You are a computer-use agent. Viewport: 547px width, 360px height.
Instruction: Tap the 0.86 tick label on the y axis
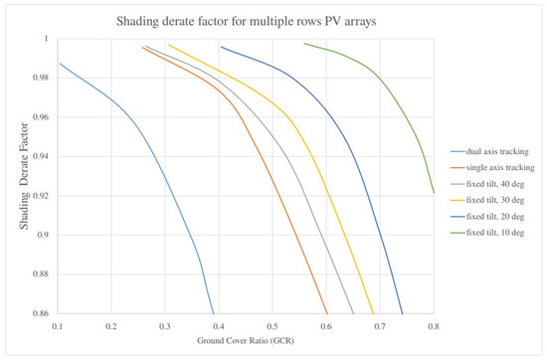47,313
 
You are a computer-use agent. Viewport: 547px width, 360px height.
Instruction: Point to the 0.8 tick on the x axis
434,325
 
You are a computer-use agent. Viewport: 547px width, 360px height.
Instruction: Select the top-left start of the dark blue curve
221,47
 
